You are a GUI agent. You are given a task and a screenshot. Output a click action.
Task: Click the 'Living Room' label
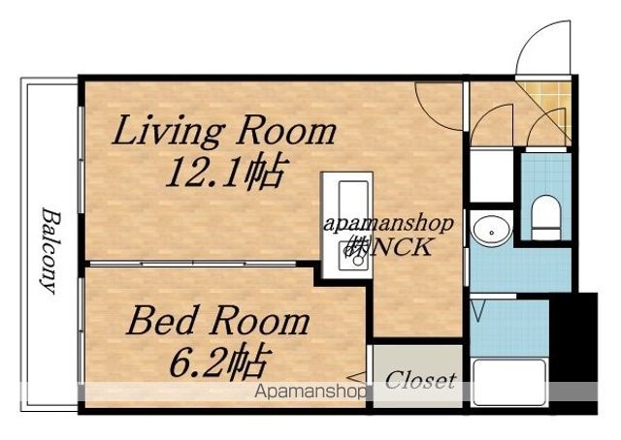click(x=224, y=132)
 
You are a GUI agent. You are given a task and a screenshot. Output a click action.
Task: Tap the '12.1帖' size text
click(x=225, y=172)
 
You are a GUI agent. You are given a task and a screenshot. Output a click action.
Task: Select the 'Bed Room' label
click(x=218, y=322)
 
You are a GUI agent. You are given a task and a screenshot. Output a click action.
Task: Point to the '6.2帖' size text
click(x=220, y=361)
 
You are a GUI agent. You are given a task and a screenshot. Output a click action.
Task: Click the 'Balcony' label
click(x=50, y=251)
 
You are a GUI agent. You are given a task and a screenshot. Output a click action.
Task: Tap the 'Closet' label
click(x=420, y=381)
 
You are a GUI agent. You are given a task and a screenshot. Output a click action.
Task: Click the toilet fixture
click(x=545, y=217)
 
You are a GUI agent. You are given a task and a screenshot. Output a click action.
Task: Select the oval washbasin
click(x=492, y=232)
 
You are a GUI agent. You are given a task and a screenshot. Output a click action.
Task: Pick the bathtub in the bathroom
click(x=509, y=383)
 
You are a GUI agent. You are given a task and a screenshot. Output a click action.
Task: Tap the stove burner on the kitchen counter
click(x=353, y=256)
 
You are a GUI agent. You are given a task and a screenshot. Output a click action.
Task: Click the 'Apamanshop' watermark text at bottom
click(x=310, y=393)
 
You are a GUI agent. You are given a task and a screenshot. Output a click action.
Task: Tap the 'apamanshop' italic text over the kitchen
click(x=388, y=224)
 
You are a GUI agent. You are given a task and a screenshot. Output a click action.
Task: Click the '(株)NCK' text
click(x=388, y=248)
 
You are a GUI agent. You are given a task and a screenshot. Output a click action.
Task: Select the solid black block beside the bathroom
click(x=573, y=353)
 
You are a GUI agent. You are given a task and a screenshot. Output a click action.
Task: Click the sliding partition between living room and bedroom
click(x=193, y=264)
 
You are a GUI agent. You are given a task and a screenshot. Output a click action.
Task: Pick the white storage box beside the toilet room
click(x=492, y=175)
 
